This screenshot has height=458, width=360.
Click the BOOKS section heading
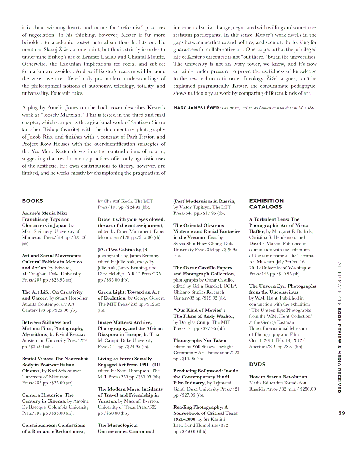pyautogui.click(x=32, y=201)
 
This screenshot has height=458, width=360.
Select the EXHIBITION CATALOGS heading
pyautogui.click(x=266, y=204)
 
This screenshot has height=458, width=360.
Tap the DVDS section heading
pyautogui.click(x=257, y=364)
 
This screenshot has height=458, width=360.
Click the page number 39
pyautogui.click(x=341, y=413)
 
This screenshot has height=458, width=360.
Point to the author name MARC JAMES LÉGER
pyautogui.click(x=196, y=108)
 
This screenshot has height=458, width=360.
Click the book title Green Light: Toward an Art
pyautogui.click(x=128, y=292)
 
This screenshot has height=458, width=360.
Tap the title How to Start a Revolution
pyautogui.click(x=278, y=377)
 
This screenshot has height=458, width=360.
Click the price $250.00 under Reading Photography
pyautogui.click(x=186, y=431)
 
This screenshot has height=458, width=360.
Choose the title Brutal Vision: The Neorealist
pyautogui.click(x=55, y=359)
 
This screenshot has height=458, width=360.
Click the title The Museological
pyautogui.click(x=118, y=425)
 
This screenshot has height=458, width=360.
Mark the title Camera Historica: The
pyautogui.click(x=48, y=395)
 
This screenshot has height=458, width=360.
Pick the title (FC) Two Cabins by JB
pyautogui.click(x=123, y=250)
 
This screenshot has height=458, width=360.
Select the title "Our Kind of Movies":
pyautogui.click(x=199, y=310)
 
